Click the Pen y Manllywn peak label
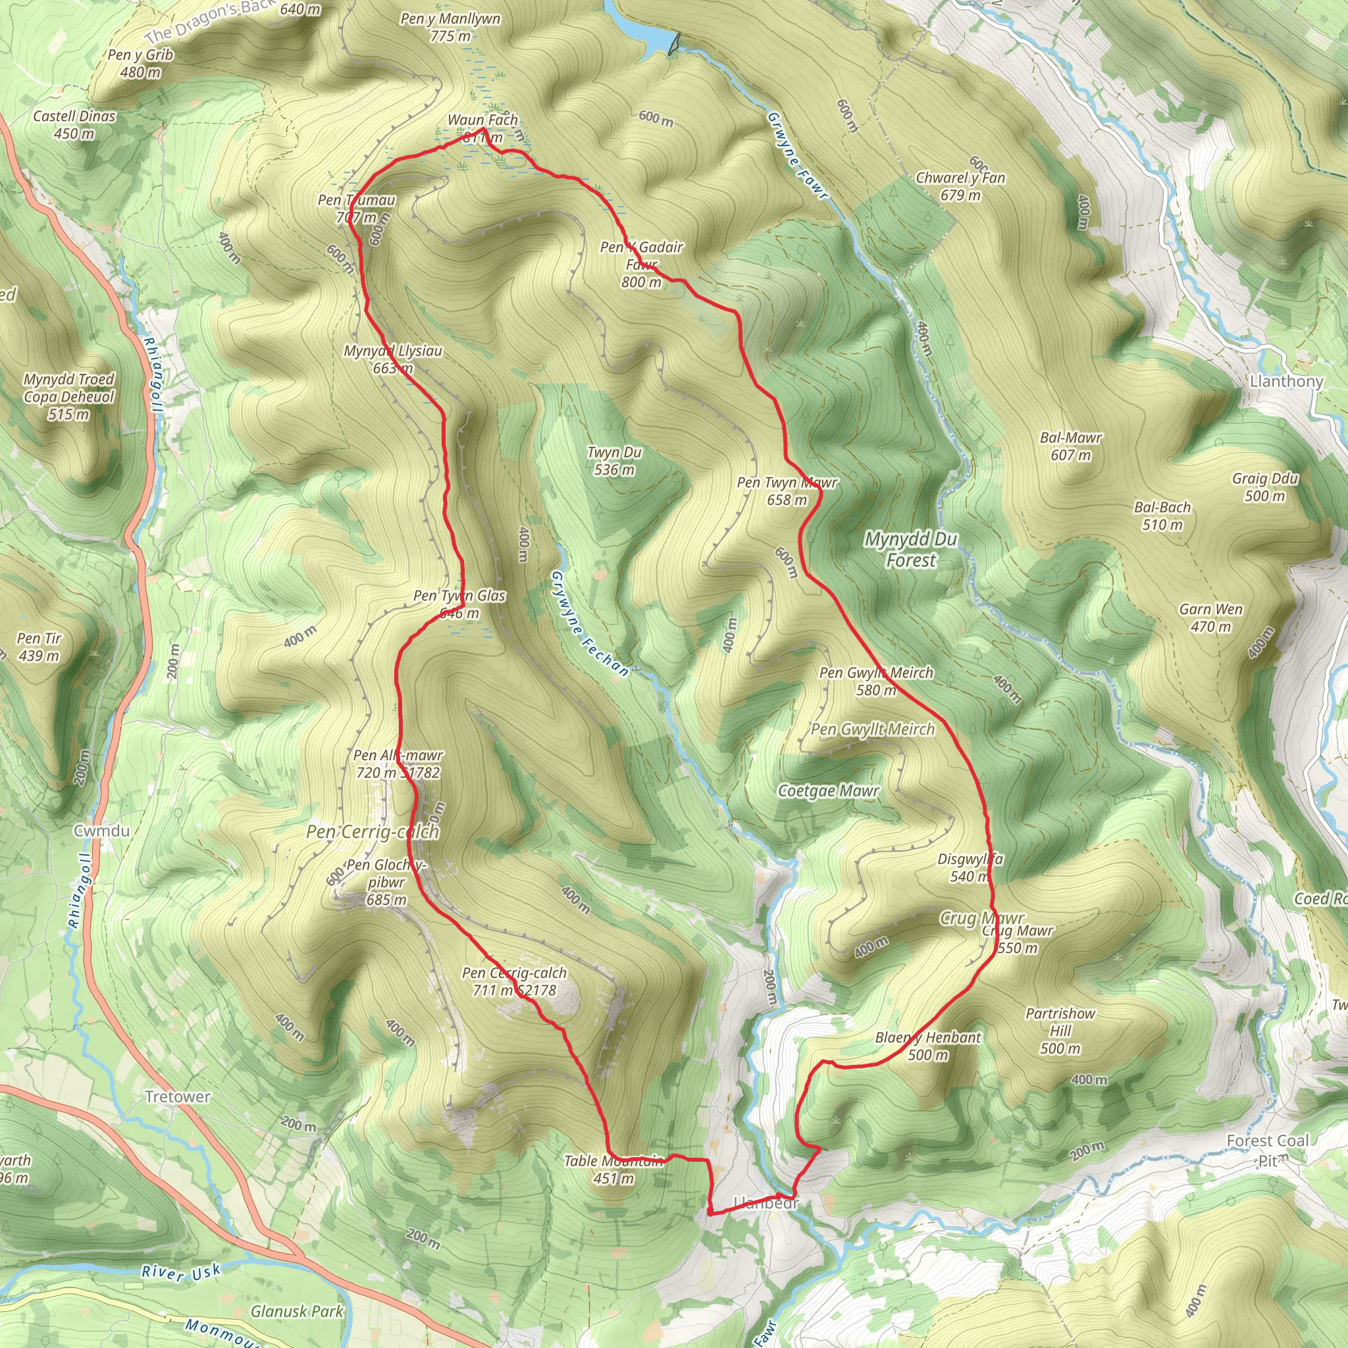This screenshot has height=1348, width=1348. coord(450,27)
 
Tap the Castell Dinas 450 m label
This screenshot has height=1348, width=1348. coord(74,124)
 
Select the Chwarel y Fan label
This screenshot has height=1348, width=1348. coord(960,186)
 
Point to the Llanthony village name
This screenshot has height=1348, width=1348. coord(1286,381)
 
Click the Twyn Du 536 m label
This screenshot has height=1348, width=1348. coord(614,461)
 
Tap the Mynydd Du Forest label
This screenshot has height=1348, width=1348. coord(910,549)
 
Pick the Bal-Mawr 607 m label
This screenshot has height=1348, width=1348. coord(1070,446)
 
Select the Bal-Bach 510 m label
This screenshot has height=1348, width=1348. coord(1162,515)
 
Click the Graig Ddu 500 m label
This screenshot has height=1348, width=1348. coord(1264,486)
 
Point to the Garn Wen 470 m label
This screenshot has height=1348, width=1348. coord(1210,617)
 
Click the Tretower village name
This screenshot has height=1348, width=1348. coord(177,1096)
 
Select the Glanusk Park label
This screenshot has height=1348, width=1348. coord(298,1311)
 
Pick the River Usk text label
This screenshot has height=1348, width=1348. coord(181,1272)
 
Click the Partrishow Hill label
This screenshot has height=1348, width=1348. coord(1060,1031)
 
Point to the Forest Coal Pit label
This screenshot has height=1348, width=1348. coord(1267,1149)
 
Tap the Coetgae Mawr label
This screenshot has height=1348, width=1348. coord(828,791)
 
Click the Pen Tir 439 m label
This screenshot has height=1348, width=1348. coord(39,646)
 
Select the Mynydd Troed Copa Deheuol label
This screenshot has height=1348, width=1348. coord(68,396)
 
